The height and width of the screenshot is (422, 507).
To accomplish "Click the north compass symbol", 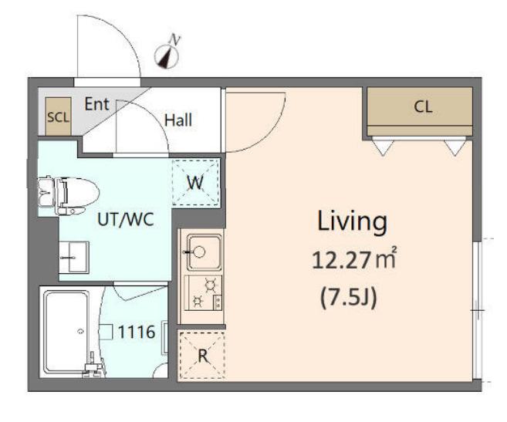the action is pyautogui.click(x=167, y=57).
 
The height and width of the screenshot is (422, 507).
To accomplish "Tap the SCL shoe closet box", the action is pyautogui.click(x=58, y=116).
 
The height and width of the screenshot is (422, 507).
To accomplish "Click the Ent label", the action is pyautogui.click(x=96, y=104).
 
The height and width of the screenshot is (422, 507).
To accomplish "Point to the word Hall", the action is pyautogui.click(x=178, y=120).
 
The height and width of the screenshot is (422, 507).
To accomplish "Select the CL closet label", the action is pyautogui.click(x=423, y=106).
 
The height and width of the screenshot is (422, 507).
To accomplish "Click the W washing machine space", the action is pyautogui.click(x=195, y=182).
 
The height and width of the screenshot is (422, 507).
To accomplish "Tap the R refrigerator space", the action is pyautogui.click(x=202, y=356).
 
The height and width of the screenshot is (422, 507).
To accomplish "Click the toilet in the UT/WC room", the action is pyautogui.click(x=68, y=196).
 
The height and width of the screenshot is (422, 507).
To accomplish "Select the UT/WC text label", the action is pyautogui.click(x=126, y=220).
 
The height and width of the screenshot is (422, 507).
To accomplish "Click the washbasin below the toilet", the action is pyautogui.click(x=74, y=257).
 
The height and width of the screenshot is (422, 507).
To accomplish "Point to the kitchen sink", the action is pyautogui.click(x=204, y=252).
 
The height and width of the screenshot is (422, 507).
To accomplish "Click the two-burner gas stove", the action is pyautogui.click(x=204, y=293).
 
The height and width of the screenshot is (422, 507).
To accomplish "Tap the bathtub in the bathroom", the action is pyautogui.click(x=67, y=332).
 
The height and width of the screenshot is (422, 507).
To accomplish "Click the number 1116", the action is pyautogui.click(x=137, y=332).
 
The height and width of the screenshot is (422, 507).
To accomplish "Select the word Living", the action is pyautogui.click(x=352, y=221).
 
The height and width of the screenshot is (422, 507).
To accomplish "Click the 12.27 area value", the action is pyautogui.click(x=341, y=260).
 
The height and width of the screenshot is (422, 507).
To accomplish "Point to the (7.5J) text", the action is pyautogui.click(x=349, y=299).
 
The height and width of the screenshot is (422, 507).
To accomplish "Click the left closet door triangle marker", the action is pyautogui.click(x=383, y=147).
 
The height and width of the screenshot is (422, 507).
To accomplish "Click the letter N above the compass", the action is pyautogui.click(x=175, y=40).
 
